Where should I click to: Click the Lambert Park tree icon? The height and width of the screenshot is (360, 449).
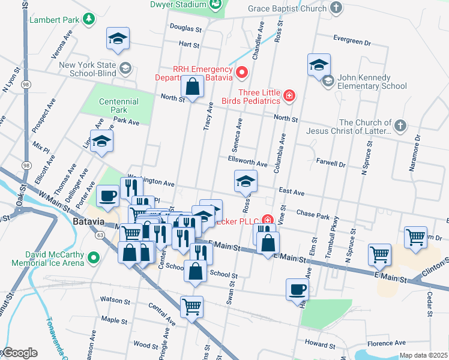click(89, 20)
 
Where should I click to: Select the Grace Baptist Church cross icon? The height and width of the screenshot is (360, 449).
click(337, 8)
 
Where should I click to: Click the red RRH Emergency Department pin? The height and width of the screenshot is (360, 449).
click(242, 73)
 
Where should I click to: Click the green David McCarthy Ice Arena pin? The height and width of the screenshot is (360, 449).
click(93, 259)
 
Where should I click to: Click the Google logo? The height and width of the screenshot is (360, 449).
click(19, 353)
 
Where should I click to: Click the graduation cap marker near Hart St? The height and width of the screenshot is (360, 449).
click(118, 39)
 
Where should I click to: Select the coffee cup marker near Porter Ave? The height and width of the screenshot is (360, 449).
click(108, 196)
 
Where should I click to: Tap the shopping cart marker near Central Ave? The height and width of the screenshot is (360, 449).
click(191, 307)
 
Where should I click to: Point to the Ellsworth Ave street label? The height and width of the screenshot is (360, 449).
click(247, 163)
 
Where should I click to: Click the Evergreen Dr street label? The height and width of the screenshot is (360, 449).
click(352, 42)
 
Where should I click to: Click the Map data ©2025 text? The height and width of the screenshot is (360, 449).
click(423, 355)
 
